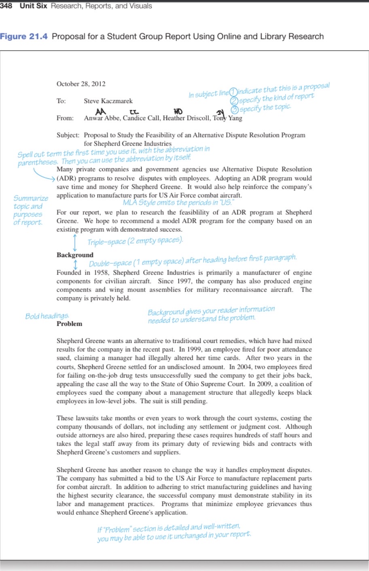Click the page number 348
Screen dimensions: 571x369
pyautogui.click(x=6, y=6)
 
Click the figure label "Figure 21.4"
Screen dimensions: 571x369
pyautogui.click(x=23, y=36)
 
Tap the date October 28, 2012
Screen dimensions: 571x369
pyautogui.click(x=81, y=84)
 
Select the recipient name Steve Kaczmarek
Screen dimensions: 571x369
pyautogui.click(x=108, y=101)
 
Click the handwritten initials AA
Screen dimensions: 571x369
pyautogui.click(x=100, y=111)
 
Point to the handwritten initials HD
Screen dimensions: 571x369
pyautogui.click(x=178, y=111)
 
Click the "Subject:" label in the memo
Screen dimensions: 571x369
pyautogui.click(x=68, y=135)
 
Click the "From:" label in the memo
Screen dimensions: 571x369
pyautogui.click(x=65, y=118)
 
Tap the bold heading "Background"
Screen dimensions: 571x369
pyautogui.click(x=75, y=255)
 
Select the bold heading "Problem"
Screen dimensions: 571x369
pyautogui.click(x=69, y=324)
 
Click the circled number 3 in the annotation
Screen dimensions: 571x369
pyautogui.click(x=234, y=110)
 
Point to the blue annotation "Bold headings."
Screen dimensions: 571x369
pyautogui.click(x=47, y=316)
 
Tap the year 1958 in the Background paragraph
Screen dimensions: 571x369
pyautogui.click(x=101, y=273)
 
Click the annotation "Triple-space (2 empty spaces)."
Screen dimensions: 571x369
pyautogui.click(x=135, y=241)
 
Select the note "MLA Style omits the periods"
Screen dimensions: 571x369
pyautogui.click(x=178, y=203)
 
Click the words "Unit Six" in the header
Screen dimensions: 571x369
pyautogui.click(x=34, y=6)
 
